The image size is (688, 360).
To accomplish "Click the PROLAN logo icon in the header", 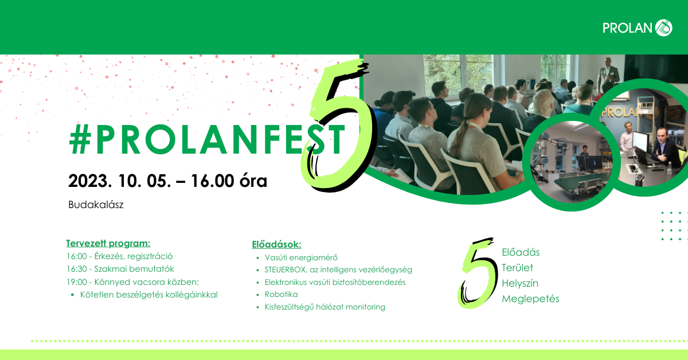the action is (664, 28).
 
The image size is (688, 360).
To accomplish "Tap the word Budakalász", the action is (96, 205).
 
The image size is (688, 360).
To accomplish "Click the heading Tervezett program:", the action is (108, 243).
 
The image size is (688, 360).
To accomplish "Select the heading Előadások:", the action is (276, 245).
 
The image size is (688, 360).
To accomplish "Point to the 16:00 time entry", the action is (77, 256).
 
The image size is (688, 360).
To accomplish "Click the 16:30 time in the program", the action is (77, 269).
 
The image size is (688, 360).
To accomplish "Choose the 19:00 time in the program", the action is (77, 282).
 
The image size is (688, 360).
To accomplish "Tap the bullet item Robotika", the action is (282, 294).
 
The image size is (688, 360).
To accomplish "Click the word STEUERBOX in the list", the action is (286, 269).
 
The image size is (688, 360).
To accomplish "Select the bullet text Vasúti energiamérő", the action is (301, 257).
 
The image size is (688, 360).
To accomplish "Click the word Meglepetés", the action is (530, 299).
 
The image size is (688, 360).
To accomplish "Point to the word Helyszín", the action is (520, 283).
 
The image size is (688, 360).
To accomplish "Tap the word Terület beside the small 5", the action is (517, 268).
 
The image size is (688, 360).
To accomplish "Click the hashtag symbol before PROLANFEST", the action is (80, 139).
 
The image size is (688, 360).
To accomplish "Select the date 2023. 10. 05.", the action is (119, 181).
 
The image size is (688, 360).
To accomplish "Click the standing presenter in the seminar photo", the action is (608, 75).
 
